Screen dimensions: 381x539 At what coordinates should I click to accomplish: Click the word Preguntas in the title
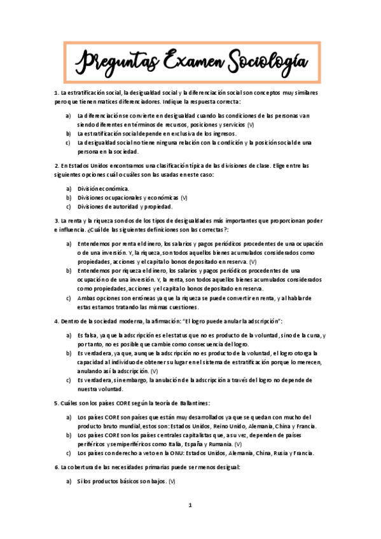[x=119, y=62]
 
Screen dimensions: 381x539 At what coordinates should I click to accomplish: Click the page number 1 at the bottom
[x=190, y=506]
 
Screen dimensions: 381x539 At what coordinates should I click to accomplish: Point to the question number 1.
[x=56, y=93]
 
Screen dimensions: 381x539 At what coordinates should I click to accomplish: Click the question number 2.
[x=56, y=166]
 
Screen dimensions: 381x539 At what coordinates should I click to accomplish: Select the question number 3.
[x=56, y=221]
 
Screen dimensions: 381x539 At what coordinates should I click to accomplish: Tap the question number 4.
[x=56, y=320]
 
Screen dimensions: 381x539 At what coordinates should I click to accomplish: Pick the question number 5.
[x=56, y=403]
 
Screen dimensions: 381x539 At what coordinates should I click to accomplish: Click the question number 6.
[x=56, y=467]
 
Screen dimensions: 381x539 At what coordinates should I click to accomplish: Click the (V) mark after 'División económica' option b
[x=184, y=198]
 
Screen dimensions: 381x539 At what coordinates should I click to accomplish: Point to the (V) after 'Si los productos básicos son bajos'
[x=172, y=481]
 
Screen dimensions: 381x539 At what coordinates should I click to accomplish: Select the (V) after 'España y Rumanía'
[x=238, y=444]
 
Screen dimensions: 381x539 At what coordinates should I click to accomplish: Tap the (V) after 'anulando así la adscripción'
[x=155, y=371]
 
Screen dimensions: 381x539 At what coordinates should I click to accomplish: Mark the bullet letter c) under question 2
[x=69, y=207]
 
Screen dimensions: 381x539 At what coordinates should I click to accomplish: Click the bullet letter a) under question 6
[x=69, y=481]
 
